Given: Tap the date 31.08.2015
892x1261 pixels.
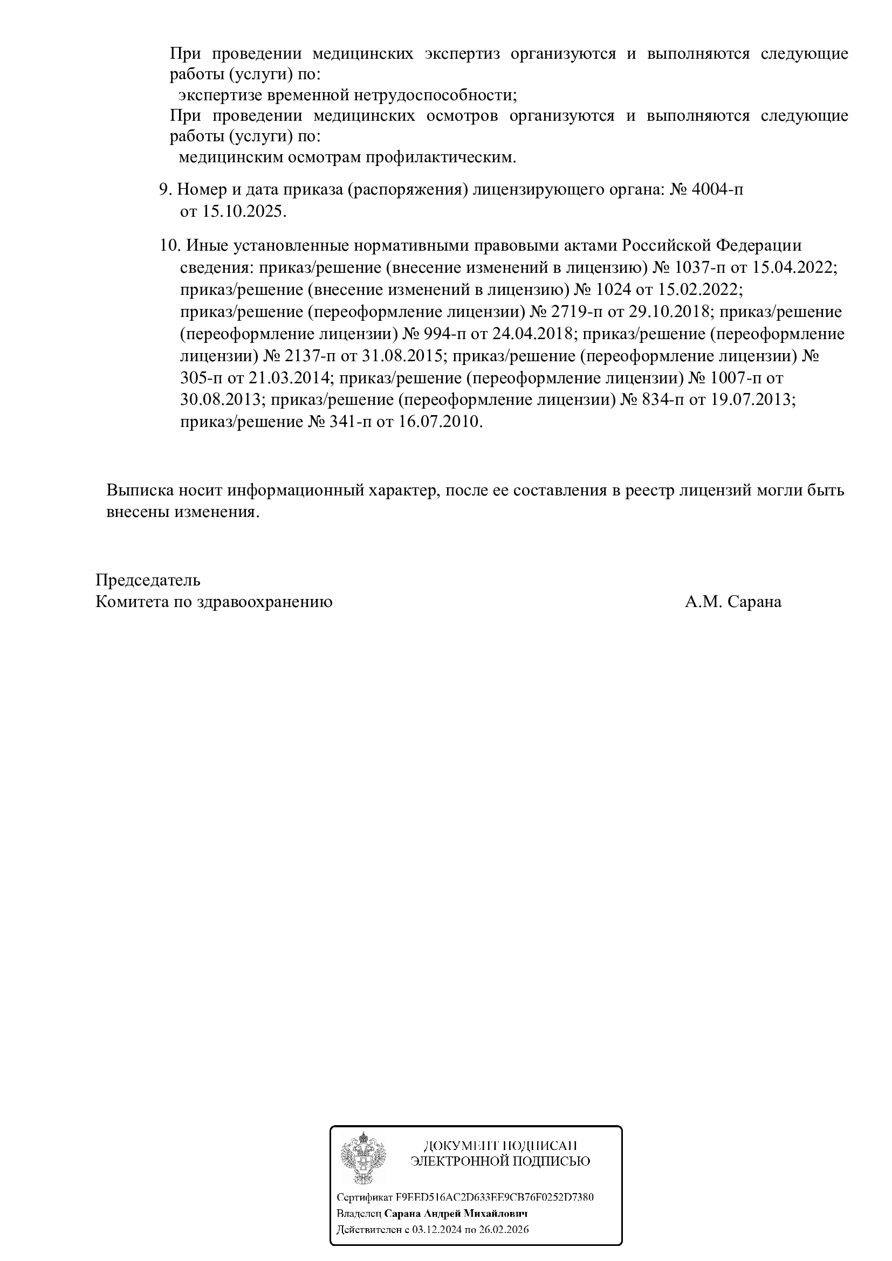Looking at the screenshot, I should pos(402,356).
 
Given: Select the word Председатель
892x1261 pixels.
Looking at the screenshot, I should pos(148,580).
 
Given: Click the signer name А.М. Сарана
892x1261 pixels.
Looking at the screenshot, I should pos(733,602).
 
